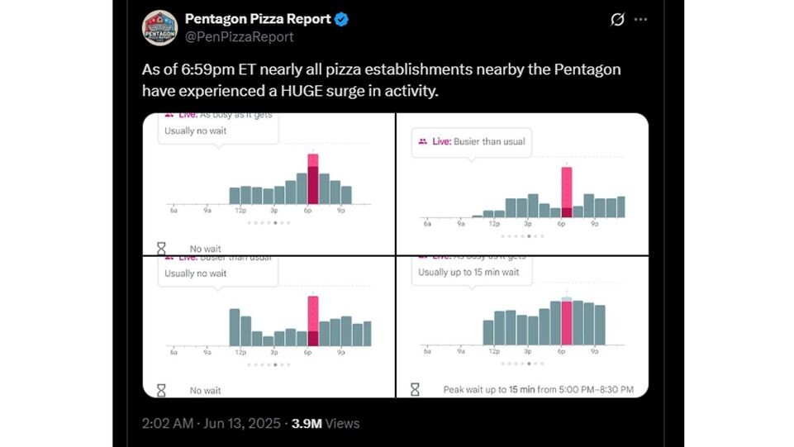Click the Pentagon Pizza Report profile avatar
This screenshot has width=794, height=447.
(x=159, y=27)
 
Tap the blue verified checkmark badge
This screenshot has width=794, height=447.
(x=340, y=19)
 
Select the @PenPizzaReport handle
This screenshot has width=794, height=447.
(x=239, y=37)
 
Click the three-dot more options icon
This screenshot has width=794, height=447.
(x=640, y=19)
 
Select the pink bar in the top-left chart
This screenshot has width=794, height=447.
(x=313, y=178)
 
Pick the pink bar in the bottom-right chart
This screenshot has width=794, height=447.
(x=566, y=323)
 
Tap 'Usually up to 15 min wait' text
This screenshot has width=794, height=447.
(x=468, y=272)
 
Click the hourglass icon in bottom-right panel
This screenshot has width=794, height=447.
(x=416, y=388)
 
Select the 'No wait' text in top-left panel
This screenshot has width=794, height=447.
(x=205, y=249)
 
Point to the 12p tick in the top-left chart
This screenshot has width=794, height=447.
(x=240, y=211)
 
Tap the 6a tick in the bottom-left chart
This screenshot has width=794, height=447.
(x=174, y=352)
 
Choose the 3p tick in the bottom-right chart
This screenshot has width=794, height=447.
(x=527, y=351)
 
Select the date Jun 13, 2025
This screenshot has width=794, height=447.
(x=244, y=423)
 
